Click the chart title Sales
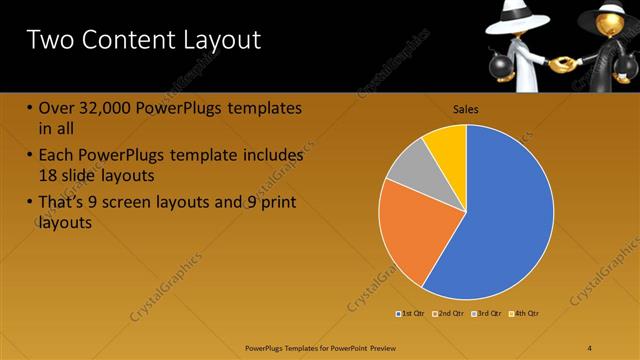click(466, 109)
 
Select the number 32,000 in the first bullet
click(109, 108)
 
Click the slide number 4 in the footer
click(590, 347)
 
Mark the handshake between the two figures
click(563, 64)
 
